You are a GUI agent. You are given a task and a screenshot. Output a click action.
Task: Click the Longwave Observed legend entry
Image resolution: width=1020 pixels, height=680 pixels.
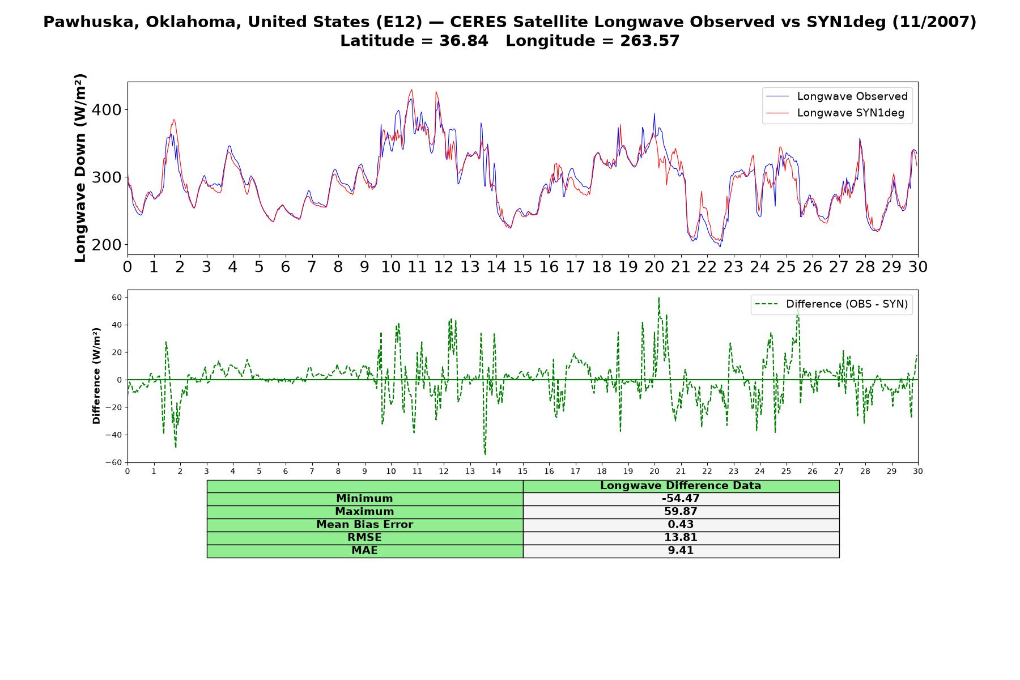pos(836,96)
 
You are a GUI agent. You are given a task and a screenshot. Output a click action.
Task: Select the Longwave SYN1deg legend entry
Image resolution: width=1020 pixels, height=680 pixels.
pos(835,113)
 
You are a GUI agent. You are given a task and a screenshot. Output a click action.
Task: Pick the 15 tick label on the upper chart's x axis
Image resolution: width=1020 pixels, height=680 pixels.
pos(522,267)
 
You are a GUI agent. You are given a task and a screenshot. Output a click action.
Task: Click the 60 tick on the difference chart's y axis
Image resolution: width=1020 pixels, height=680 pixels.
pos(117,297)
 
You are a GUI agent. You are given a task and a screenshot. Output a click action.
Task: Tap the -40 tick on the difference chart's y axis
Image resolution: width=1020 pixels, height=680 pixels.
pos(114,435)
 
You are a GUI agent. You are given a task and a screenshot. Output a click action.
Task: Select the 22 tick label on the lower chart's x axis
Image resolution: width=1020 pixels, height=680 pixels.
pos(707,471)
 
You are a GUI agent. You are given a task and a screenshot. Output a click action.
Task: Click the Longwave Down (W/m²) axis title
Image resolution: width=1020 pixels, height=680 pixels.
pos(80,168)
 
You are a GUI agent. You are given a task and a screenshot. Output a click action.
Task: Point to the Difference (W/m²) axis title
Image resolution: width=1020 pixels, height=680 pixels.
pos(96,376)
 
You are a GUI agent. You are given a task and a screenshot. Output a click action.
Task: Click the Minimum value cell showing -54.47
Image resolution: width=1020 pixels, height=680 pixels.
pos(681,499)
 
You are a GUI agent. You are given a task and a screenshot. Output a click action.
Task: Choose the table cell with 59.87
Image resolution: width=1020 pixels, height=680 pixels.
pos(681,512)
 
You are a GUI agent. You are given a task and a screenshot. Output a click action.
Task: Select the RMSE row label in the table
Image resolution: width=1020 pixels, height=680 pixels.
pos(364,538)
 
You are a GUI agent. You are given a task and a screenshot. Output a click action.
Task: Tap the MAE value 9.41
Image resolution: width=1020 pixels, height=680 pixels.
pos(681,551)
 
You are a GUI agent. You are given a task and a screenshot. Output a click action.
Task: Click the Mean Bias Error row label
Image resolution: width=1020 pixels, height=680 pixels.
pos(364,525)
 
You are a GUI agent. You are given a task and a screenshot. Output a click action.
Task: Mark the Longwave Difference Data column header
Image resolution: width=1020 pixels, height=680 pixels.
pos(681,486)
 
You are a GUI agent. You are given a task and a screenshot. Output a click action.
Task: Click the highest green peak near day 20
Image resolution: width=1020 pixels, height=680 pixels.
pos(658,297)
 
